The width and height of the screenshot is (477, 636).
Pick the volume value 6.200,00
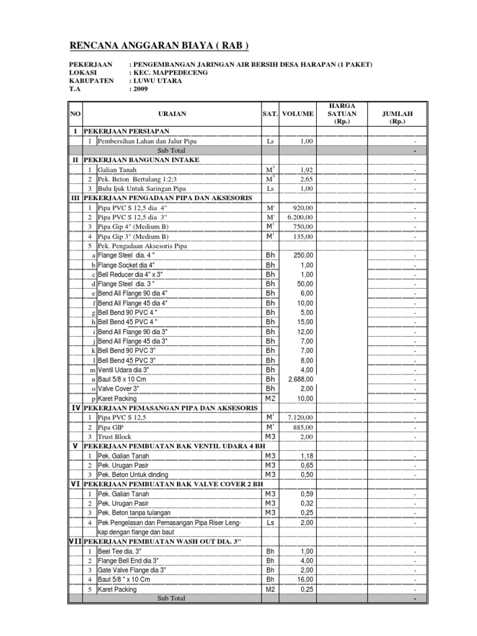[300, 217]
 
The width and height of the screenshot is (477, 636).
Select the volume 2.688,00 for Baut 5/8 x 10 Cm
[300, 379]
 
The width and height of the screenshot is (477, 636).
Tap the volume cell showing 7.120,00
[300, 419]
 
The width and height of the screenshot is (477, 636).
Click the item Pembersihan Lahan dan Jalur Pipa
[147, 142]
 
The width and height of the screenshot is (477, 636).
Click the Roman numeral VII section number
[76, 542]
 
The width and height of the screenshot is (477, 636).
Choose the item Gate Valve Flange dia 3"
[132, 570]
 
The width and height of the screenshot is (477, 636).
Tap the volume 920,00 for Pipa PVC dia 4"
[302, 208]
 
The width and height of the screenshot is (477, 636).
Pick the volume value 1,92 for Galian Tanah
[305, 170]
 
